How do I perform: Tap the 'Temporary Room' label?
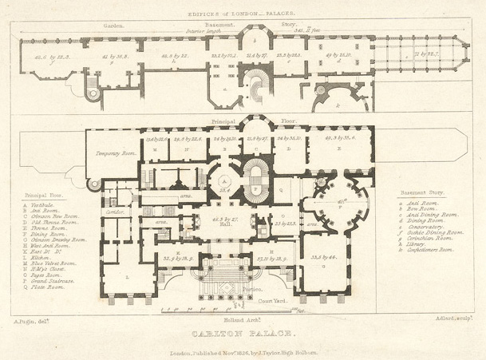coord(111,153)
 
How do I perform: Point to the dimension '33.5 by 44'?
coord(329,258)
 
